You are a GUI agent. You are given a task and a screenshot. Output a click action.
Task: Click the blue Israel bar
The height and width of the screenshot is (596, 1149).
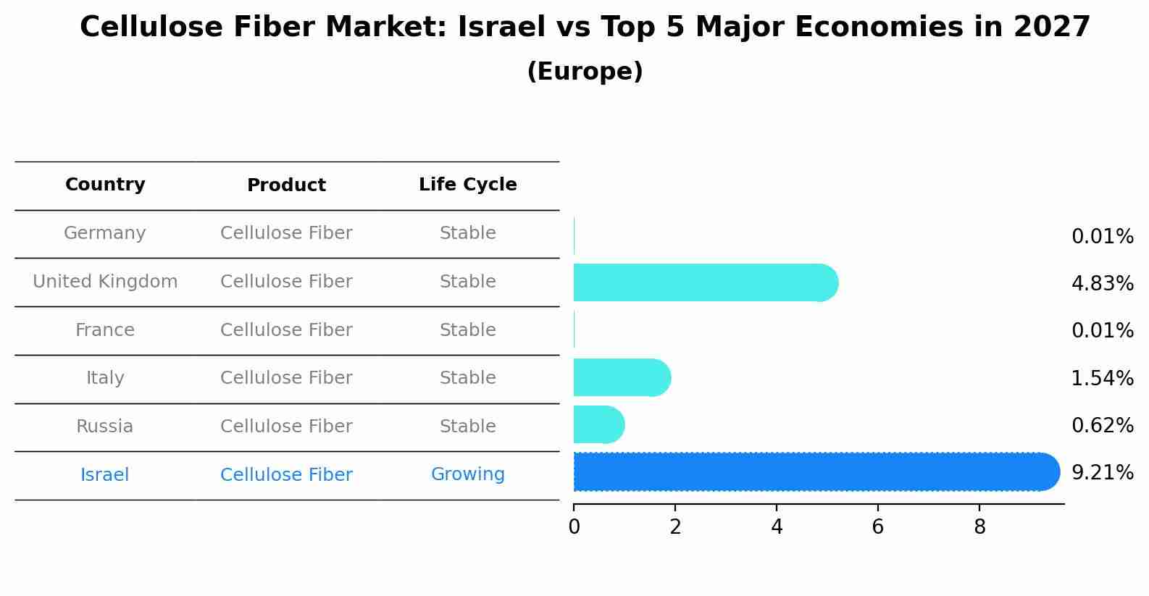point(811,471)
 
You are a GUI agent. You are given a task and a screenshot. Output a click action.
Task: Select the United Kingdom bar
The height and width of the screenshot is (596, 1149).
point(703,282)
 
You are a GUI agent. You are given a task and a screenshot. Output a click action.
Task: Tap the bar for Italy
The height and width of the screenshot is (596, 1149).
point(620,377)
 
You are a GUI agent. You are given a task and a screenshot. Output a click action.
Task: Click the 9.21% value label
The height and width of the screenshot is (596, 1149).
point(1102,473)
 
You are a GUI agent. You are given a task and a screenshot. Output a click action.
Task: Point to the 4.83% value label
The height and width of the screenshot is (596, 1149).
point(1102,284)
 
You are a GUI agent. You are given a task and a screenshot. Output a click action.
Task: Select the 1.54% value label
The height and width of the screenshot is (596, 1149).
point(1102,378)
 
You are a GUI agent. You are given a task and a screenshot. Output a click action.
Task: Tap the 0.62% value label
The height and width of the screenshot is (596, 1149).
point(1102,426)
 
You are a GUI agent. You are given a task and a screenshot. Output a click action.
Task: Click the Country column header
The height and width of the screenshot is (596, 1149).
point(105,185)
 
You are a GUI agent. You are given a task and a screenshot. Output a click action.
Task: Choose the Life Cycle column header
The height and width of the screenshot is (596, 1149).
point(467,185)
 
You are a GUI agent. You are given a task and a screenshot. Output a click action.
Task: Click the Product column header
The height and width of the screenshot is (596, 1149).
point(286,185)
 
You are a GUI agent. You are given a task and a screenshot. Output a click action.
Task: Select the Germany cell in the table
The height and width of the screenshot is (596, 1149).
point(105,233)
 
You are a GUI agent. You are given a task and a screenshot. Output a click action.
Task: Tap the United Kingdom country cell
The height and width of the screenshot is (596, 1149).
point(105,282)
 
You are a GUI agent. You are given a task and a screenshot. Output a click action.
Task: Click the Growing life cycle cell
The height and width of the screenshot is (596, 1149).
point(467,474)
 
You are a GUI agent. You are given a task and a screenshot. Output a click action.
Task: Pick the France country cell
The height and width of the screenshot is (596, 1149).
point(105,330)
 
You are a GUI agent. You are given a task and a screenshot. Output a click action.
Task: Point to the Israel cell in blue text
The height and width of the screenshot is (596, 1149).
point(105,475)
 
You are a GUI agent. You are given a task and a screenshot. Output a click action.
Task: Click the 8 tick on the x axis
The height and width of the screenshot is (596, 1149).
point(979,527)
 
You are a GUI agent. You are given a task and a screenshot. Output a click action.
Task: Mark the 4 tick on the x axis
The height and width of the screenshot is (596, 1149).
point(777,527)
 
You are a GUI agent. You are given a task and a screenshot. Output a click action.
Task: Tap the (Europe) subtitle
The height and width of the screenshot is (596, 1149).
point(585,72)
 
